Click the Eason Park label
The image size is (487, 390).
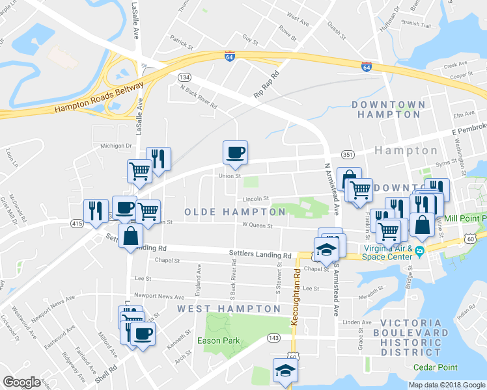(219, 341)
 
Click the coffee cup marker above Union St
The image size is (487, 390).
(235, 153)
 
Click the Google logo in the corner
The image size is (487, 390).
(21, 382)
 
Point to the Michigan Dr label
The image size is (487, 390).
(116, 146)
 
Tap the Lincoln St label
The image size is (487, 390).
(256, 199)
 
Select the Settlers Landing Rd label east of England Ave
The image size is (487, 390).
(259, 254)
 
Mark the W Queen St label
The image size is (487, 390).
(256, 226)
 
